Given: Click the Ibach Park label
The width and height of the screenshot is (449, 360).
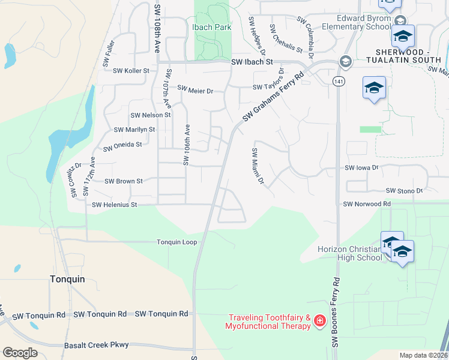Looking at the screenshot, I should pos(211,28).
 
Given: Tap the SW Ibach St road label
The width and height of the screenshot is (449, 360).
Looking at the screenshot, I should pos(253,62).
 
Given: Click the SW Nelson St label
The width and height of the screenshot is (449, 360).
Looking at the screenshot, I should pos(151,115).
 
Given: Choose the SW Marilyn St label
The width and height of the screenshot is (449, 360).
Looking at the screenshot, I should pos(134,129).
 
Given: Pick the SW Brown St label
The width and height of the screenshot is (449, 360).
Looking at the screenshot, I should pos(124,181).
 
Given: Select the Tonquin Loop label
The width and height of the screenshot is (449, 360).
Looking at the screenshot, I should pos(176,242).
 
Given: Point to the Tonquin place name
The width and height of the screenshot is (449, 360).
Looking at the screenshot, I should pos(67,279).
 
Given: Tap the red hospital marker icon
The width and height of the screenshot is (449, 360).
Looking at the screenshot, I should pos(320,322).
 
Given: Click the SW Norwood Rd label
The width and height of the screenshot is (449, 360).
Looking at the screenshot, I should pos(367,204).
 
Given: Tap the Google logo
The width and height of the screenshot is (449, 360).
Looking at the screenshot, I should pos(20,353).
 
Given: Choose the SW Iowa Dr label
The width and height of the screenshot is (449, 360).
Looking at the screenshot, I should pos(362,169).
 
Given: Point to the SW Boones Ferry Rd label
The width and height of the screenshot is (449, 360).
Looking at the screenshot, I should pos(336,312).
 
